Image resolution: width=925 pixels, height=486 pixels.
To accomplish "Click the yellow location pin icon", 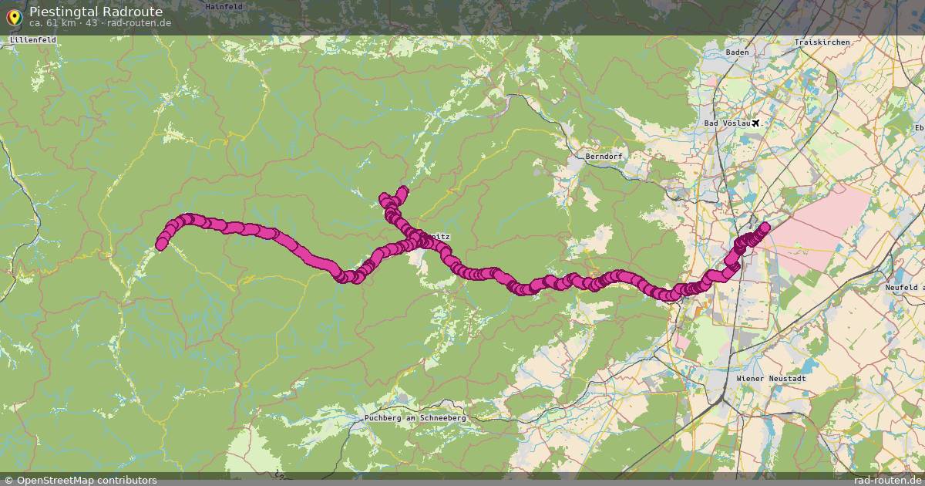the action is pyautogui.click(x=13, y=15).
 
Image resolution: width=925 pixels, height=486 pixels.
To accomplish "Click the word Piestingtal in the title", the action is pyautogui.click(x=63, y=12).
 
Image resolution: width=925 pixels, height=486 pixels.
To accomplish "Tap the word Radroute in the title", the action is pyautogui.click(x=132, y=12).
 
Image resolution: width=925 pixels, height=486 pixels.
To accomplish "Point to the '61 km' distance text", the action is pyautogui.click(x=60, y=23).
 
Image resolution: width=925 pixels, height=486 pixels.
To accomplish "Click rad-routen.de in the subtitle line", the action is pyautogui.click(x=139, y=23).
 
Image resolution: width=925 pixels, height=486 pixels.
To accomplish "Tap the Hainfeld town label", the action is pyautogui.click(x=224, y=6).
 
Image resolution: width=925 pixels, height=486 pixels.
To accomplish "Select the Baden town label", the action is pyautogui.click(x=737, y=52).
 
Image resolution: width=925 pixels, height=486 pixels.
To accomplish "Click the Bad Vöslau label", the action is pyautogui.click(x=726, y=123).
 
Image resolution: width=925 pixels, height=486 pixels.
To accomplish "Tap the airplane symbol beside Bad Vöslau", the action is pyautogui.click(x=755, y=123).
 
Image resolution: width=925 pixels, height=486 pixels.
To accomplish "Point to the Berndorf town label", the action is pyautogui.click(x=603, y=156).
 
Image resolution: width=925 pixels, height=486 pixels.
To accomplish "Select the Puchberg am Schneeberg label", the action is pyautogui.click(x=415, y=417).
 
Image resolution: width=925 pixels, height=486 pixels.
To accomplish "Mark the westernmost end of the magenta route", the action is pyautogui.click(x=161, y=245).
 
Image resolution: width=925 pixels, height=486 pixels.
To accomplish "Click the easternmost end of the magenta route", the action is pyautogui.click(x=765, y=228).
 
